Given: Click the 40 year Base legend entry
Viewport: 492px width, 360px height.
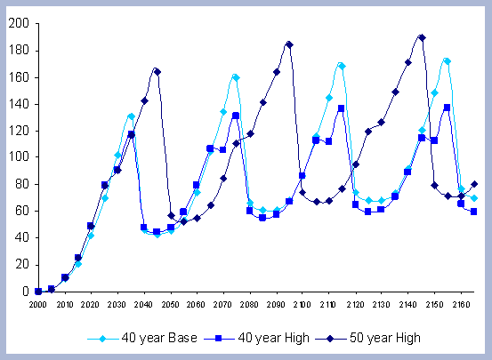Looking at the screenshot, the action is pos(142,338).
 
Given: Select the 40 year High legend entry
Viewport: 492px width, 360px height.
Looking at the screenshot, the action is pos(256,338).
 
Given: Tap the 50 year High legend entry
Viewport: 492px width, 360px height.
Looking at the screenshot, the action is pos(367,338).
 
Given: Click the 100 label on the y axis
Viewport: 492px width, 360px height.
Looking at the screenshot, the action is pos(19,156).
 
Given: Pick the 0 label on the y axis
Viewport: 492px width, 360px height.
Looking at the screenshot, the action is pos(26,292).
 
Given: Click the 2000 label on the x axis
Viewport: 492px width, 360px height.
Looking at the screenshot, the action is pos(38,305).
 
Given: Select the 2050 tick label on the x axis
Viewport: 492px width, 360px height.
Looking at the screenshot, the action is pos(171,305).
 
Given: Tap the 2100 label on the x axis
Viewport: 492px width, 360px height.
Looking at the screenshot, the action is pos(302,305).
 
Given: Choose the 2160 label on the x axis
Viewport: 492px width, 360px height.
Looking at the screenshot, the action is pos(461,305).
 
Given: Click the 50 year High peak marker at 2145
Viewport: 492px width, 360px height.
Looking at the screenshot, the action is pos(422,37).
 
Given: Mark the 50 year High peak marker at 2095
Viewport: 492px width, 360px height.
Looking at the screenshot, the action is pos(289,44).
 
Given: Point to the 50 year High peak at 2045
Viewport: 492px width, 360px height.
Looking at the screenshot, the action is pos(157,72).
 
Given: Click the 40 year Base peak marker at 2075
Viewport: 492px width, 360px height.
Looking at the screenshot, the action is pos(237,77).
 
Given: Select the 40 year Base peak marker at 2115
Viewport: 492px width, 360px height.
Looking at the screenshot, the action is pos(342,66).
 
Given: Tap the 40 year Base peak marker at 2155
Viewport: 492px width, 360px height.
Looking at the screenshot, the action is pos(448,61).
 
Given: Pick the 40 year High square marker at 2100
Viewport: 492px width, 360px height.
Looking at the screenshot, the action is pos(302,176).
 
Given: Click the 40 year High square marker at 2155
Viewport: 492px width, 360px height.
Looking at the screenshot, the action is pos(447,108).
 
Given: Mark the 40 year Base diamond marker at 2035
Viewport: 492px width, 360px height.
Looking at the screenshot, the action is pos(132,116).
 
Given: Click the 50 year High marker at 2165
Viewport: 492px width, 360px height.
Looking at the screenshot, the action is pos(474,184).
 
